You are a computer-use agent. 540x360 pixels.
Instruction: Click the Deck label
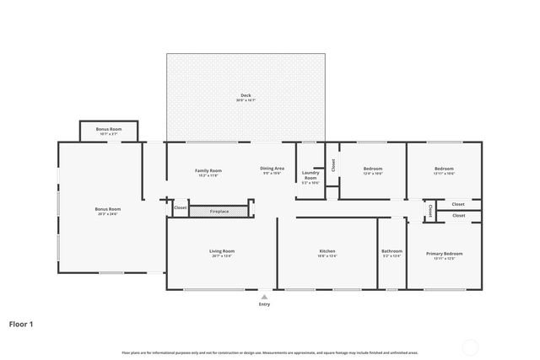[246, 95]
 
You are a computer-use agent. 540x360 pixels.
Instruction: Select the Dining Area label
[272, 169]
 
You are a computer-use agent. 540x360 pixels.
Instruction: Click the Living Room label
[222, 251]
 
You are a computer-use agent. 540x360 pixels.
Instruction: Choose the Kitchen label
[327, 251]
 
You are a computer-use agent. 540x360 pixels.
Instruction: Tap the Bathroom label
[391, 250]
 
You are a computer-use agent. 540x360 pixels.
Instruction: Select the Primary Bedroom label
[444, 253]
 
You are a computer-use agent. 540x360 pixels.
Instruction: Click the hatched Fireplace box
[221, 211]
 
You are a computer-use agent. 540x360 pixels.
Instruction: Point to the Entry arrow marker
[265, 296]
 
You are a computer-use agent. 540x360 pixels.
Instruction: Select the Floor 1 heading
[21, 323]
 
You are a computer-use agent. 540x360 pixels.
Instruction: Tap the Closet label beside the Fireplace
[181, 207]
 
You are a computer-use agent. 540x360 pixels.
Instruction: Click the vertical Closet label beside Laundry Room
[333, 165]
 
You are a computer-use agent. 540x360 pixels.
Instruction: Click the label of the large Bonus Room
[108, 209]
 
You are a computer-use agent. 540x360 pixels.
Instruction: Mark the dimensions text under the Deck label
[246, 100]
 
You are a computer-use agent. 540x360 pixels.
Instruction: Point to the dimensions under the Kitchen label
[327, 256]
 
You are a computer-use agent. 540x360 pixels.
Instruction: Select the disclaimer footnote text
[270, 352]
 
